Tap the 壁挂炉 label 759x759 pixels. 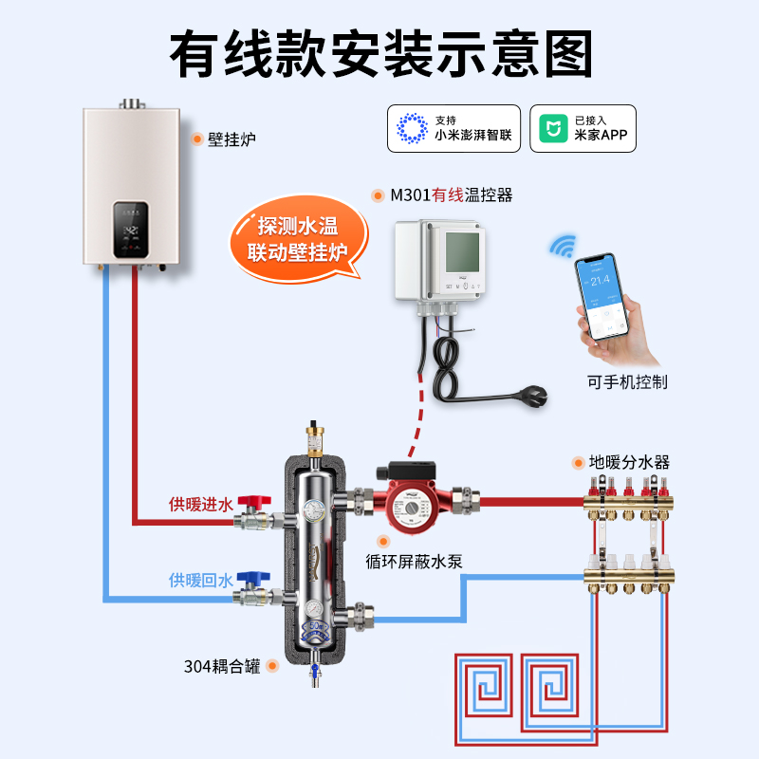click(231, 139)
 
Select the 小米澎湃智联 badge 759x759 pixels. click(454, 128)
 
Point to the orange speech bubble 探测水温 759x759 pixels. click(296, 239)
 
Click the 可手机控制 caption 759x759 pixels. click(627, 381)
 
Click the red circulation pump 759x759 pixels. click(412, 498)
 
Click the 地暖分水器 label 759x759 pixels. click(629, 463)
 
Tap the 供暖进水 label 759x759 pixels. click(200, 504)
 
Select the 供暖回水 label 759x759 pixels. click(200, 580)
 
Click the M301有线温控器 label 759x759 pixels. click(452, 195)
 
